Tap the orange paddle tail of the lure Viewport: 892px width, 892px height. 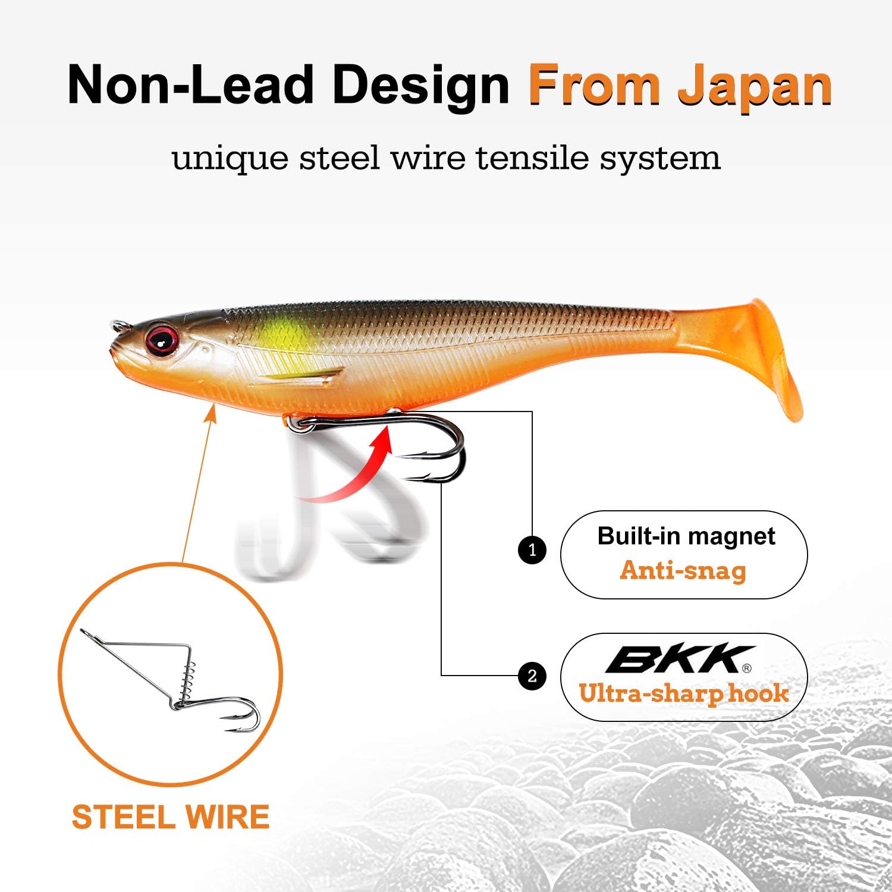pos(767,357)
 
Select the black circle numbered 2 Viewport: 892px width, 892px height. pos(532,676)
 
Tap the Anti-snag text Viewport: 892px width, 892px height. pos(683,571)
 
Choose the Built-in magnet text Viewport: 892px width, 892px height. pos(686,536)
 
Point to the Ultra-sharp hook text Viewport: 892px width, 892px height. pos(684,694)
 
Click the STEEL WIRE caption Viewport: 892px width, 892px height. pos(171,817)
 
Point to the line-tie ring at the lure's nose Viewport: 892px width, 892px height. pos(119,326)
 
